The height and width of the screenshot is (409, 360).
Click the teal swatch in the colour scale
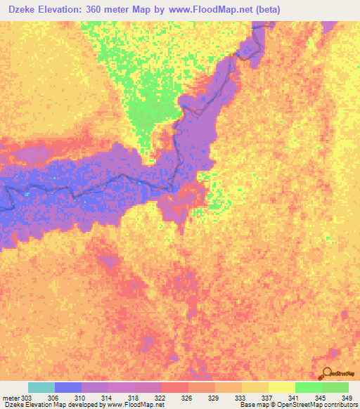[x=41, y=387]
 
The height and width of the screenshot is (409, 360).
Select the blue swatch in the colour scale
[x=68, y=387]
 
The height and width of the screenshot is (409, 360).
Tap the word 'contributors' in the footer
[x=336, y=405]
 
